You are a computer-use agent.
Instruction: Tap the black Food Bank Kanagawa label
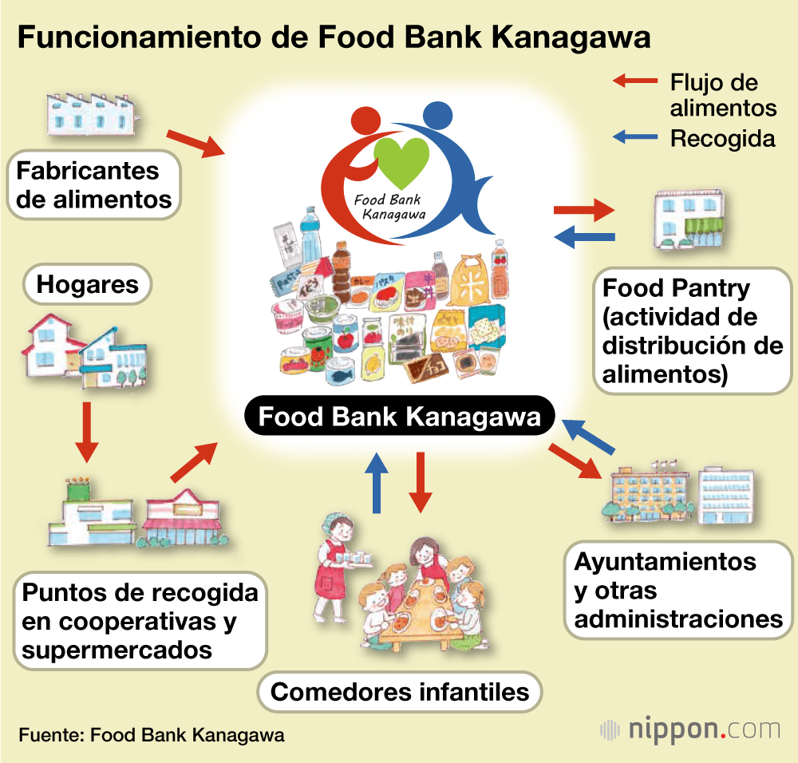tap(400, 417)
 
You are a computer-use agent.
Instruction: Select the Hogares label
tap(88, 284)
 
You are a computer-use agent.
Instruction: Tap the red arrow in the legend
tap(635, 81)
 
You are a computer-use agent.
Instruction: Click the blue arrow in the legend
tap(635, 137)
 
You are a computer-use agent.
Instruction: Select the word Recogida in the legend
tap(722, 138)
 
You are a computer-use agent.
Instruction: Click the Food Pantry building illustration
tap(687, 220)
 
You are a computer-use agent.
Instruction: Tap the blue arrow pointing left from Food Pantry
tap(584, 235)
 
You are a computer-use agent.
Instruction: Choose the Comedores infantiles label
tap(399, 690)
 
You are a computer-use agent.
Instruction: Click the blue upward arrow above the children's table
tap(378, 482)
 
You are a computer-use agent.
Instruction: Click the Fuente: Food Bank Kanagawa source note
tap(151, 734)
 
